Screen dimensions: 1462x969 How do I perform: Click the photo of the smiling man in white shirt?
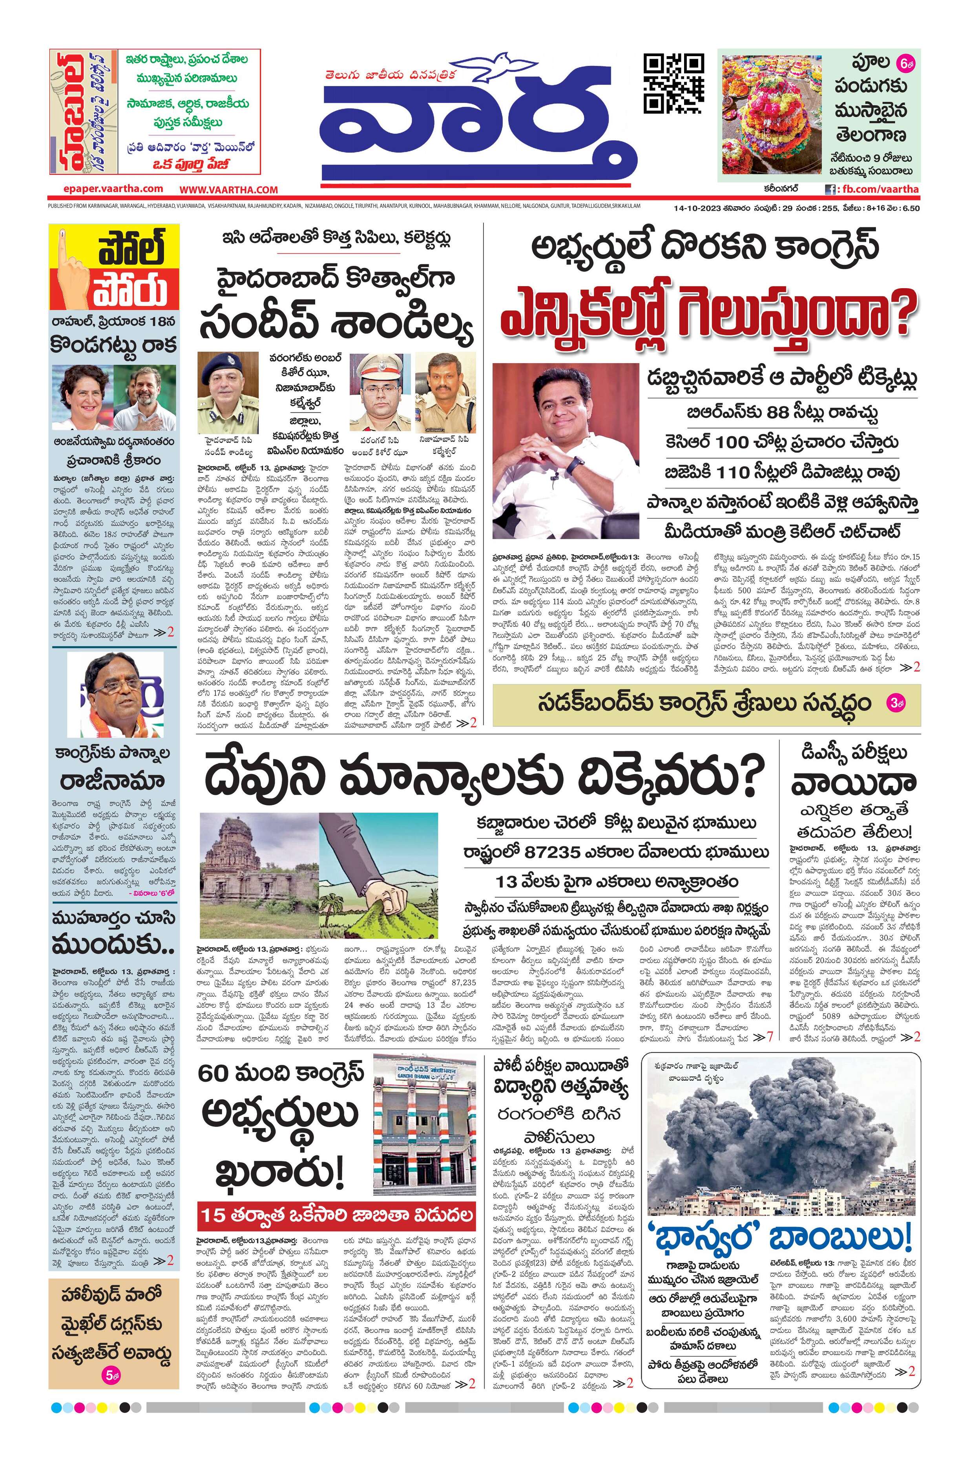[566, 451]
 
